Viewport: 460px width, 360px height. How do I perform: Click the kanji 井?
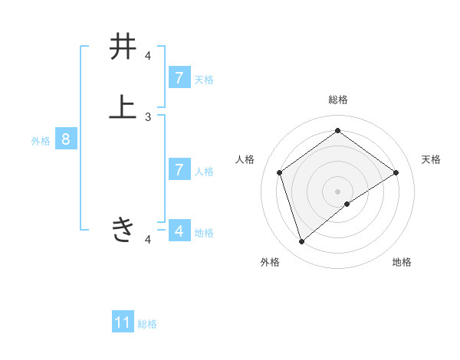[123, 47]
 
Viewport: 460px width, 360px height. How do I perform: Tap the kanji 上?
[123, 106]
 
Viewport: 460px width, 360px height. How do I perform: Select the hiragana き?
[123, 229]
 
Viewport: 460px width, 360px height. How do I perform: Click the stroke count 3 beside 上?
[148, 116]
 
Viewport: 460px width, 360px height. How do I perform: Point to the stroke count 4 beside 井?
[148, 56]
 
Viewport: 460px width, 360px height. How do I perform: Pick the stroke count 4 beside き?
[148, 240]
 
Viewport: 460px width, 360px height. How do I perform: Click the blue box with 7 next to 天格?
[179, 77]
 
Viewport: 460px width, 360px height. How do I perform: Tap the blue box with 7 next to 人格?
[179, 169]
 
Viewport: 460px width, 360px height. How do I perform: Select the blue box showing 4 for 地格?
[179, 230]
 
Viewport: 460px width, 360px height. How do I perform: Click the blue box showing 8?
[66, 139]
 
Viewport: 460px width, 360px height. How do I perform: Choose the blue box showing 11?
[123, 322]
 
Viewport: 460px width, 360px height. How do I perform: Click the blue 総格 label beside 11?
[147, 324]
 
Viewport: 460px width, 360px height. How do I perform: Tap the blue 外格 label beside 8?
[41, 141]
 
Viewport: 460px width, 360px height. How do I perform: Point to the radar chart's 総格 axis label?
[338, 100]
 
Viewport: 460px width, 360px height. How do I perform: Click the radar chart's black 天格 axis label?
[431, 159]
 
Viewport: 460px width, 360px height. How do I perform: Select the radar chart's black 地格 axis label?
[402, 262]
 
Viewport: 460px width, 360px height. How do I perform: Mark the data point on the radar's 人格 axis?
[280, 172]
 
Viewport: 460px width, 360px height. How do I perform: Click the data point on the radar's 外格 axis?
[302, 242]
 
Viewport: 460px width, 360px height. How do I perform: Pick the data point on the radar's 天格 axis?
[396, 172]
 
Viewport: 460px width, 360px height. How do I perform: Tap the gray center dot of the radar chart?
[338, 191]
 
